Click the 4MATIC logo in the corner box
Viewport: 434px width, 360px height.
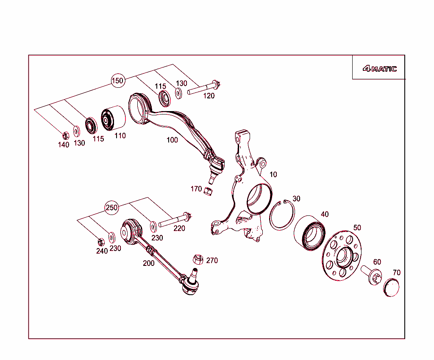coord(379,69)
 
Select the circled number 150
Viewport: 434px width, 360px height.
coord(117,80)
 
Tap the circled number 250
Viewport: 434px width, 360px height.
coord(111,207)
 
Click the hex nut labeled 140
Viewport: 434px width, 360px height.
coord(65,136)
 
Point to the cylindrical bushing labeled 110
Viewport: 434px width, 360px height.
coord(113,117)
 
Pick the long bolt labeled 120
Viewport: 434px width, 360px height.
coord(203,89)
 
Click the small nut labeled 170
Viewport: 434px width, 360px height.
coord(208,191)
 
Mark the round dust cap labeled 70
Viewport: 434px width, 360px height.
coord(392,287)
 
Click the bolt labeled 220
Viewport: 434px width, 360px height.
coord(175,220)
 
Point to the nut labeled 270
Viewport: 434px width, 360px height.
coord(198,258)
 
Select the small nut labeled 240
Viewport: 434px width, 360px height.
coord(101,242)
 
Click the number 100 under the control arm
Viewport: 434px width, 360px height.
coord(172,140)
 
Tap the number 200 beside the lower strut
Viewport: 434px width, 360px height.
coord(148,263)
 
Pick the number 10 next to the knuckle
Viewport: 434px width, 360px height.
coord(273,174)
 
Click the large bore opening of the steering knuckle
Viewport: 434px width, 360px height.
coord(258,198)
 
